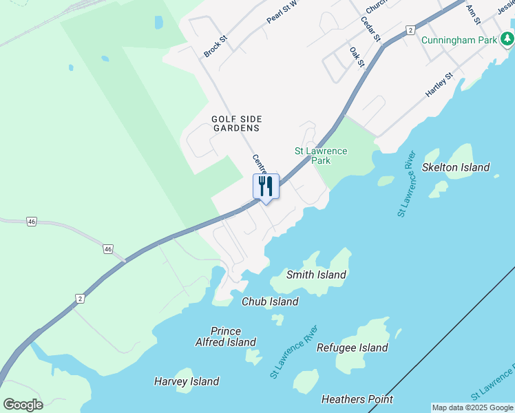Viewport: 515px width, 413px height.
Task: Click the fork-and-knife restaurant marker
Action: (266, 186)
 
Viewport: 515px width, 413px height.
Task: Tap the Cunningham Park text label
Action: (459, 40)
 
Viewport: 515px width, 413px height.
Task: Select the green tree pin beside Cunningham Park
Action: (507, 39)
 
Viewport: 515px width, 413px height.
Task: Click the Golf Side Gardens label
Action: (236, 123)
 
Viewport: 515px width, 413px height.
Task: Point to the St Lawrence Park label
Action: (321, 156)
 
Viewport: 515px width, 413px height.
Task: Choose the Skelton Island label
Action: (456, 167)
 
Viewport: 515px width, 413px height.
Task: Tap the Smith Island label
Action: (316, 275)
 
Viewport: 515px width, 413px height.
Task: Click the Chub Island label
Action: (270, 301)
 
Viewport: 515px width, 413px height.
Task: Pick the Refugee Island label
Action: (352, 348)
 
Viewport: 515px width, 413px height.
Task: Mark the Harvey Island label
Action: (187, 381)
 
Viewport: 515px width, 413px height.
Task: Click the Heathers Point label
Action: (357, 399)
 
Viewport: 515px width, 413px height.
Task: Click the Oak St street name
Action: (356, 57)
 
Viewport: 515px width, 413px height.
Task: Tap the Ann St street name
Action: (472, 12)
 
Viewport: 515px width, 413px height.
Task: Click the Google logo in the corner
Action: (23, 405)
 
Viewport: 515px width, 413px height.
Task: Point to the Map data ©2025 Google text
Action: (473, 407)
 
